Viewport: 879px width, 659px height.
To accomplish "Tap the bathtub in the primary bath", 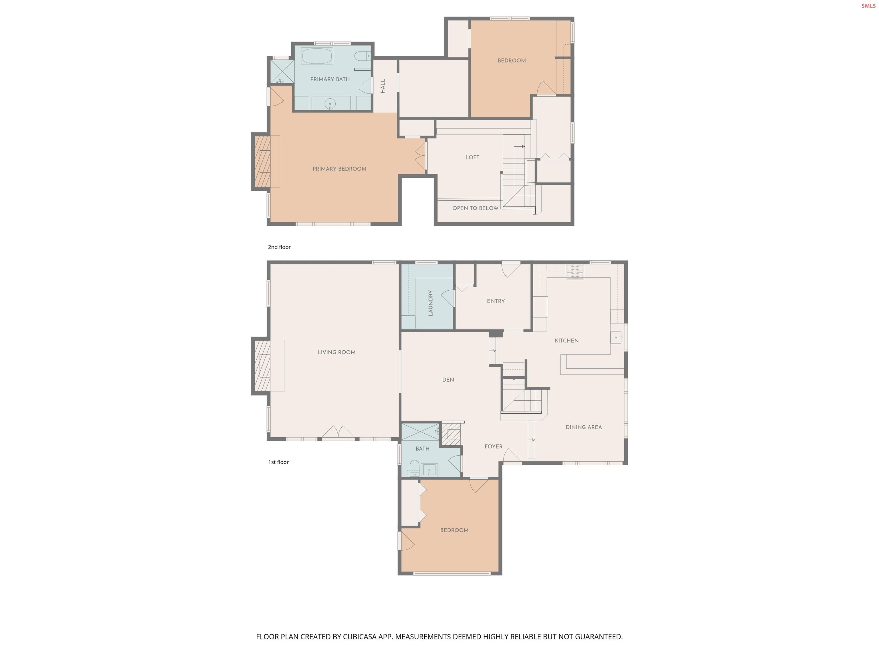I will (317, 56).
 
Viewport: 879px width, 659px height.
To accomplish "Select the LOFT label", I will (472, 158).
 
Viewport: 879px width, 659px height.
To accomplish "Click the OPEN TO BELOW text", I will (475, 208).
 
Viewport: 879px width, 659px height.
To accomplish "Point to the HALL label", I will (383, 86).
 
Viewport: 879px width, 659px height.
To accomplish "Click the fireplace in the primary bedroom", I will (263, 162).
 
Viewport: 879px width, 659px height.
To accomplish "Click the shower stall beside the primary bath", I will (282, 72).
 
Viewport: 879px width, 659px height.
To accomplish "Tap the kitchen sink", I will (616, 338).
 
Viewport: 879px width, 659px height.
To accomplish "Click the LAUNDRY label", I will (430, 303).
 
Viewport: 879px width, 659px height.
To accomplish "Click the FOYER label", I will (493, 446).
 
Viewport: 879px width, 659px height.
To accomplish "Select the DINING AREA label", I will (583, 427).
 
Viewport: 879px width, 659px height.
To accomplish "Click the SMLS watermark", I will (868, 6).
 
